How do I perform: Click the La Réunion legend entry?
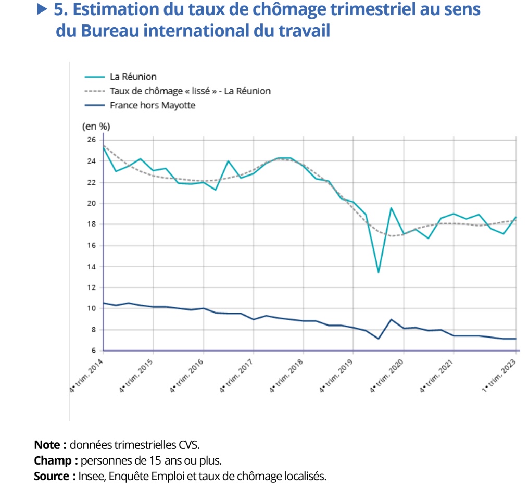(133, 77)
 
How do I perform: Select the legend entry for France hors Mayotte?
(152, 105)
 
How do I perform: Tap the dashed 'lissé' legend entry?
(190, 91)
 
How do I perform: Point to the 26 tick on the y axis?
(92, 140)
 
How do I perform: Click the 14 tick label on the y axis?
(92, 267)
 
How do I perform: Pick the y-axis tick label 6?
(94, 351)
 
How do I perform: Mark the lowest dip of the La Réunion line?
(378, 272)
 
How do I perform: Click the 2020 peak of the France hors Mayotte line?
(391, 319)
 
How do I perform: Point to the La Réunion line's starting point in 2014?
(103, 148)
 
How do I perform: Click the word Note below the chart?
(50, 445)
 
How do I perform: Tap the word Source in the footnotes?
(54, 476)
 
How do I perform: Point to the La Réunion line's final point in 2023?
(515, 217)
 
